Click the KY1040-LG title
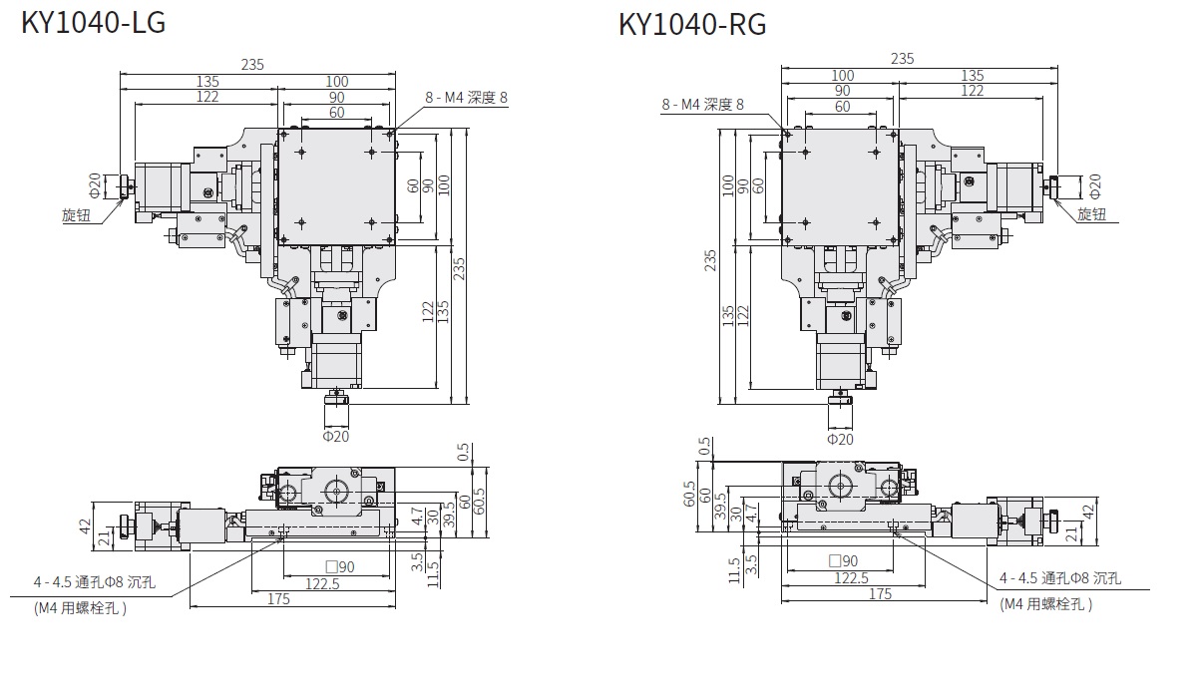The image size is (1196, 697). tap(93, 22)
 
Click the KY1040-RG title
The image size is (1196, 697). tap(692, 25)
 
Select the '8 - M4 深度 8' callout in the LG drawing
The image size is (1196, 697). tap(466, 98)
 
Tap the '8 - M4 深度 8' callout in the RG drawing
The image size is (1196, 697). tap(702, 105)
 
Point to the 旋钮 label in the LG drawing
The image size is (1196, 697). tap(76, 215)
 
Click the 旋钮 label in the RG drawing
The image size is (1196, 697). tap(1091, 214)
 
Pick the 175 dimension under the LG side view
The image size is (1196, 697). tap(278, 599)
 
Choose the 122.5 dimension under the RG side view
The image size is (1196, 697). tap(851, 578)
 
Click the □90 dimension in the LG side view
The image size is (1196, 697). tap(340, 567)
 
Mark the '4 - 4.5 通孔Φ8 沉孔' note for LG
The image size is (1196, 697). tap(95, 582)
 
